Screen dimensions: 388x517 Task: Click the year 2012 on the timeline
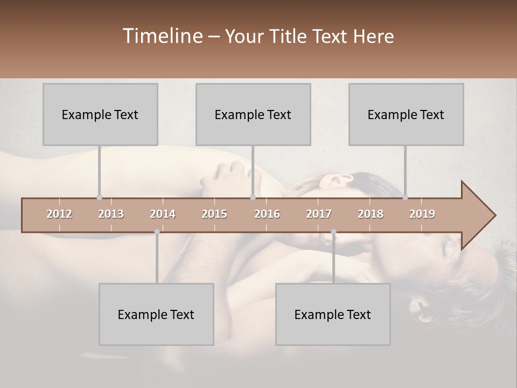(59, 214)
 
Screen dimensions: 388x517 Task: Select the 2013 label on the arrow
(111, 214)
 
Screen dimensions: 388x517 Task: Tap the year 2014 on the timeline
(163, 214)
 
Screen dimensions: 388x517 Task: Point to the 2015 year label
(214, 214)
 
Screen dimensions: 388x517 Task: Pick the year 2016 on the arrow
(267, 214)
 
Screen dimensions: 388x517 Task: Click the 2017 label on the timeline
(319, 214)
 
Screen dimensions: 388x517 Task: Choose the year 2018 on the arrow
(371, 214)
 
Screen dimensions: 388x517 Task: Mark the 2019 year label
(422, 214)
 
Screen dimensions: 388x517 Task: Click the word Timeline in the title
(162, 36)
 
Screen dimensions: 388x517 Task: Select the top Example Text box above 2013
(100, 114)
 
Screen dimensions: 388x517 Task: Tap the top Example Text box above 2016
(253, 114)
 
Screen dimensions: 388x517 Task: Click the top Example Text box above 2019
(406, 114)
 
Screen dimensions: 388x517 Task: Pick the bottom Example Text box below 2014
(156, 314)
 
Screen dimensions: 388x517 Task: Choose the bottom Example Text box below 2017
(333, 314)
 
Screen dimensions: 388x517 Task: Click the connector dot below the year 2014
(157, 232)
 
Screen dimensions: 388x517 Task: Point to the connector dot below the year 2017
(333, 232)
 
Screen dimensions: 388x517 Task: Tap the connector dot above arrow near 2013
(99, 197)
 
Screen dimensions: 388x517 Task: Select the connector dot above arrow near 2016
(253, 197)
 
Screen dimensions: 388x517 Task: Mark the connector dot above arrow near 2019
(405, 197)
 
